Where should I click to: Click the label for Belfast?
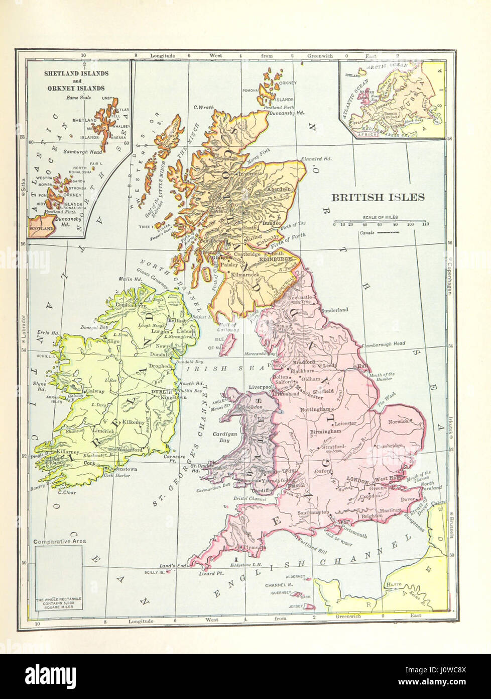pos(177,320)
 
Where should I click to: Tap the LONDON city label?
pos(358,479)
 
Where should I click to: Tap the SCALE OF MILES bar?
pos(380,222)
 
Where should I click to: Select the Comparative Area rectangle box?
pos(59,578)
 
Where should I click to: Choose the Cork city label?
pos(90,463)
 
